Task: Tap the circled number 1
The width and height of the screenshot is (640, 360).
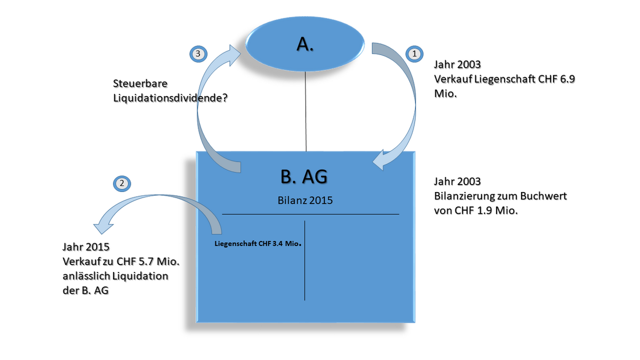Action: (x=414, y=53)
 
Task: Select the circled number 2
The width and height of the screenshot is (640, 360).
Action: (x=122, y=183)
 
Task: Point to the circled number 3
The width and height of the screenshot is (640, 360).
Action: (x=198, y=53)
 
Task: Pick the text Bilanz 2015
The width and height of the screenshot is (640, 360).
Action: (x=306, y=201)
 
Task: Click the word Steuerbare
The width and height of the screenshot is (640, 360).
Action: (x=139, y=84)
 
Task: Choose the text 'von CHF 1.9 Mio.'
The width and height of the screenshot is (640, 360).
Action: (x=476, y=210)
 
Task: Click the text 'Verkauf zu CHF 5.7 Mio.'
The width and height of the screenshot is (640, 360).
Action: (x=121, y=262)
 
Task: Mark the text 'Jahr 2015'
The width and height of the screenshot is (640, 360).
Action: (x=86, y=248)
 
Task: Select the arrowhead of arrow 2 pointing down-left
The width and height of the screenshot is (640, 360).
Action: (x=101, y=225)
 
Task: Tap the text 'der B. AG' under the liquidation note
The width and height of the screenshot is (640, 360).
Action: (x=85, y=291)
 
